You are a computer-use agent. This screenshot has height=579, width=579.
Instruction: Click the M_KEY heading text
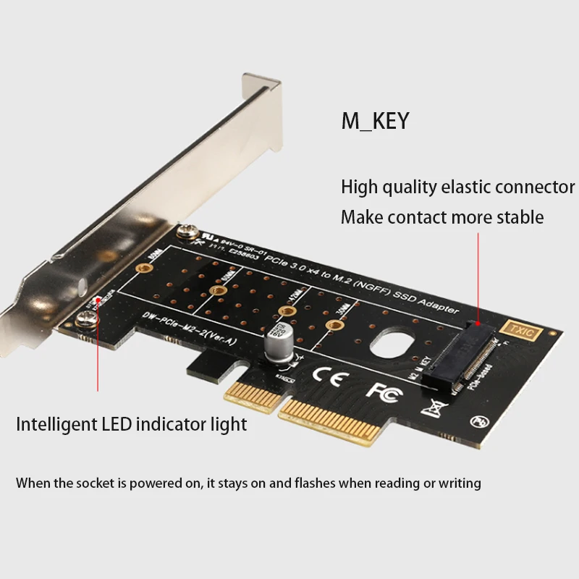(x=375, y=120)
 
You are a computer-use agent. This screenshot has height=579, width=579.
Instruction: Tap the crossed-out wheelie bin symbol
(x=434, y=408)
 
